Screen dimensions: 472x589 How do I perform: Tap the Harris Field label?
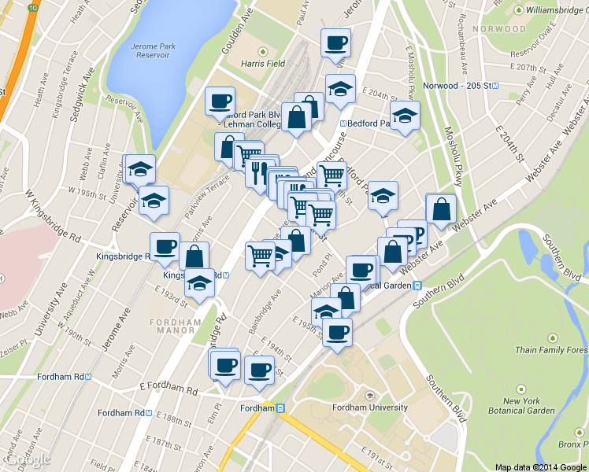tap(263, 63)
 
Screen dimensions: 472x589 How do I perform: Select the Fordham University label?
tap(370, 407)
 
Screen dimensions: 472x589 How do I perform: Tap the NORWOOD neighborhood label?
tap(498, 29)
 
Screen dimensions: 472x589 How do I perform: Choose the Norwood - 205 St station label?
tap(457, 84)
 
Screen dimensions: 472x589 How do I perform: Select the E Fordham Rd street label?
tap(170, 388)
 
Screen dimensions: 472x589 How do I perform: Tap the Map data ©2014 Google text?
tap(540, 466)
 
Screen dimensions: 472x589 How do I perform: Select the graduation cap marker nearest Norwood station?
tap(405, 116)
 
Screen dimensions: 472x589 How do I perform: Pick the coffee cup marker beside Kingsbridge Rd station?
tap(165, 247)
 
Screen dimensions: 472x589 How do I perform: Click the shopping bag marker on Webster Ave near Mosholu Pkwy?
tap(441, 209)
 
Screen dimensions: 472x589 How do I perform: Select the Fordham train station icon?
tap(280, 407)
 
